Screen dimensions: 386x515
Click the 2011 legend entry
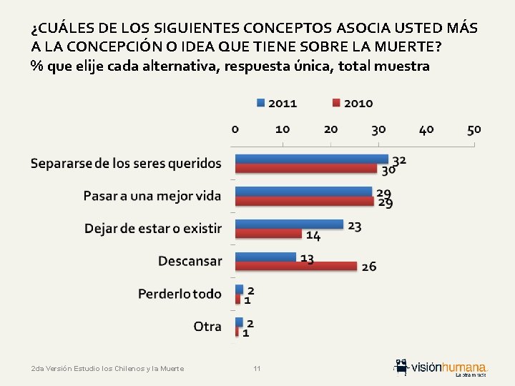(x=277, y=103)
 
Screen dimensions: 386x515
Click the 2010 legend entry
(x=352, y=103)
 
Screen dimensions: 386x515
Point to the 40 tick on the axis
(x=426, y=129)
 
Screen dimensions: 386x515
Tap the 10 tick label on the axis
(x=283, y=129)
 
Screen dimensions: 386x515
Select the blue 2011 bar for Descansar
(x=265, y=257)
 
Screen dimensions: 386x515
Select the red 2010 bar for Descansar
(x=296, y=266)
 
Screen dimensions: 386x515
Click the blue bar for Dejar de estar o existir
(x=289, y=224)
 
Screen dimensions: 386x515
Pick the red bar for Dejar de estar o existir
(x=268, y=234)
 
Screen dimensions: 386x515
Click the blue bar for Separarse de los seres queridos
(x=311, y=159)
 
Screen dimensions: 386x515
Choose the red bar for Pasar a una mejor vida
(x=304, y=202)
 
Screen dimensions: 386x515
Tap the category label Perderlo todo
(x=180, y=294)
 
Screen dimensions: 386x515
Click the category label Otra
(x=207, y=326)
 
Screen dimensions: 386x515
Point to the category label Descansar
(x=190, y=261)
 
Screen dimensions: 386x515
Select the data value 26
(x=369, y=267)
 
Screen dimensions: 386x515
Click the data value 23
(x=355, y=225)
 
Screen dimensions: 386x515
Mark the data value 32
(x=399, y=160)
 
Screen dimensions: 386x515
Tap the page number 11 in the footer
(x=257, y=369)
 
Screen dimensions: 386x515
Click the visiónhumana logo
(x=441, y=367)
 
